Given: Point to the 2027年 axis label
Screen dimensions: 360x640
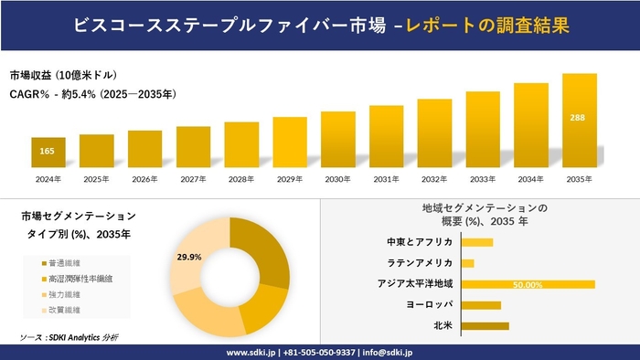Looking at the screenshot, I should click(193, 178).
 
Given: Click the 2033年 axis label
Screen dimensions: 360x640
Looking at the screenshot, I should click(483, 178).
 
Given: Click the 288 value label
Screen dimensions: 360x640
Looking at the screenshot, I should click(580, 118).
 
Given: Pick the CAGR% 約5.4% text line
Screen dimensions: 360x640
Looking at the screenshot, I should click(93, 94).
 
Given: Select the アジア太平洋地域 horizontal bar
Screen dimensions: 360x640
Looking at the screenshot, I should click(528, 284).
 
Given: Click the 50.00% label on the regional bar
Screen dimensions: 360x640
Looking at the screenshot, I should click(528, 284).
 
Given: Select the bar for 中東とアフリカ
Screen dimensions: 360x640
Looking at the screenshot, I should click(477, 242).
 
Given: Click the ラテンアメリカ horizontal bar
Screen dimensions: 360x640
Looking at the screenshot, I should click(468, 263).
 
